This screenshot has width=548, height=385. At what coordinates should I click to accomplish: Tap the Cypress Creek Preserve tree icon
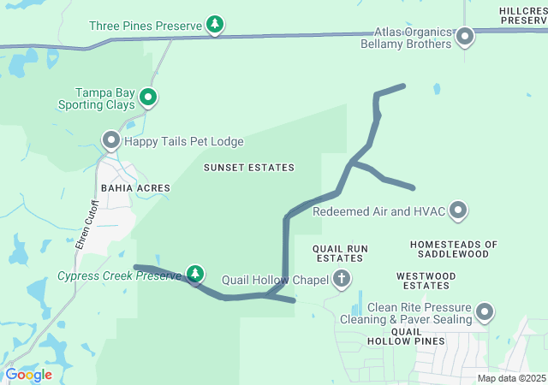[196, 275]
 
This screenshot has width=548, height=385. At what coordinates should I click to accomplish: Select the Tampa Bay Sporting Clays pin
[148, 98]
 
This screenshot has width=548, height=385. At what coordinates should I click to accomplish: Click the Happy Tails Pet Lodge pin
[110, 139]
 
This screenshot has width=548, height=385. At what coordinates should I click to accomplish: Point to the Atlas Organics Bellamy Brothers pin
[465, 36]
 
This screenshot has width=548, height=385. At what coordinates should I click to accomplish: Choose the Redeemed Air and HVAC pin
[458, 210]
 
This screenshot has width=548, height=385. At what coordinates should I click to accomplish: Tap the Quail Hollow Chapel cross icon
[342, 278]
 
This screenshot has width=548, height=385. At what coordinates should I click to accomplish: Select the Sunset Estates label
[248, 168]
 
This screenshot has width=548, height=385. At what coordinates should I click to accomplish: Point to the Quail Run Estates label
[342, 253]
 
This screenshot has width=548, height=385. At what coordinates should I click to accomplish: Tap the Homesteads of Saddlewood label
[453, 249]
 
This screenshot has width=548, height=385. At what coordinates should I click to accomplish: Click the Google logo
[28, 375]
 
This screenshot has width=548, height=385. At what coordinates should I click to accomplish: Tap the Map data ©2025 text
[510, 378]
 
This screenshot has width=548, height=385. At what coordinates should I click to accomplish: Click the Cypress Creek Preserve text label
[120, 275]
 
